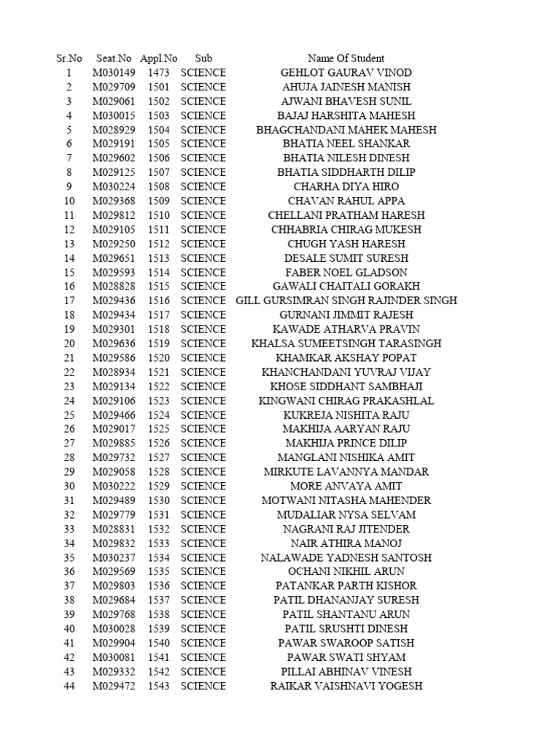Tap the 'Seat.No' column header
pos(114,58)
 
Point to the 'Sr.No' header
pos(69,58)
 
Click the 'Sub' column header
pos(203,58)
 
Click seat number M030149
pos(114,73)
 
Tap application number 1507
pos(158,173)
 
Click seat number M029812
pos(114,215)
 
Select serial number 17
pos(69,301)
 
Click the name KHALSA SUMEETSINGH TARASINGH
pos(346,344)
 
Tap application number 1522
pos(158,387)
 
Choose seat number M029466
pos(114,415)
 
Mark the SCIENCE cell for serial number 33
pos(203,530)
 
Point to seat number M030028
pos(114,629)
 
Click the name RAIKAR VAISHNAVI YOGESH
pos(346,686)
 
